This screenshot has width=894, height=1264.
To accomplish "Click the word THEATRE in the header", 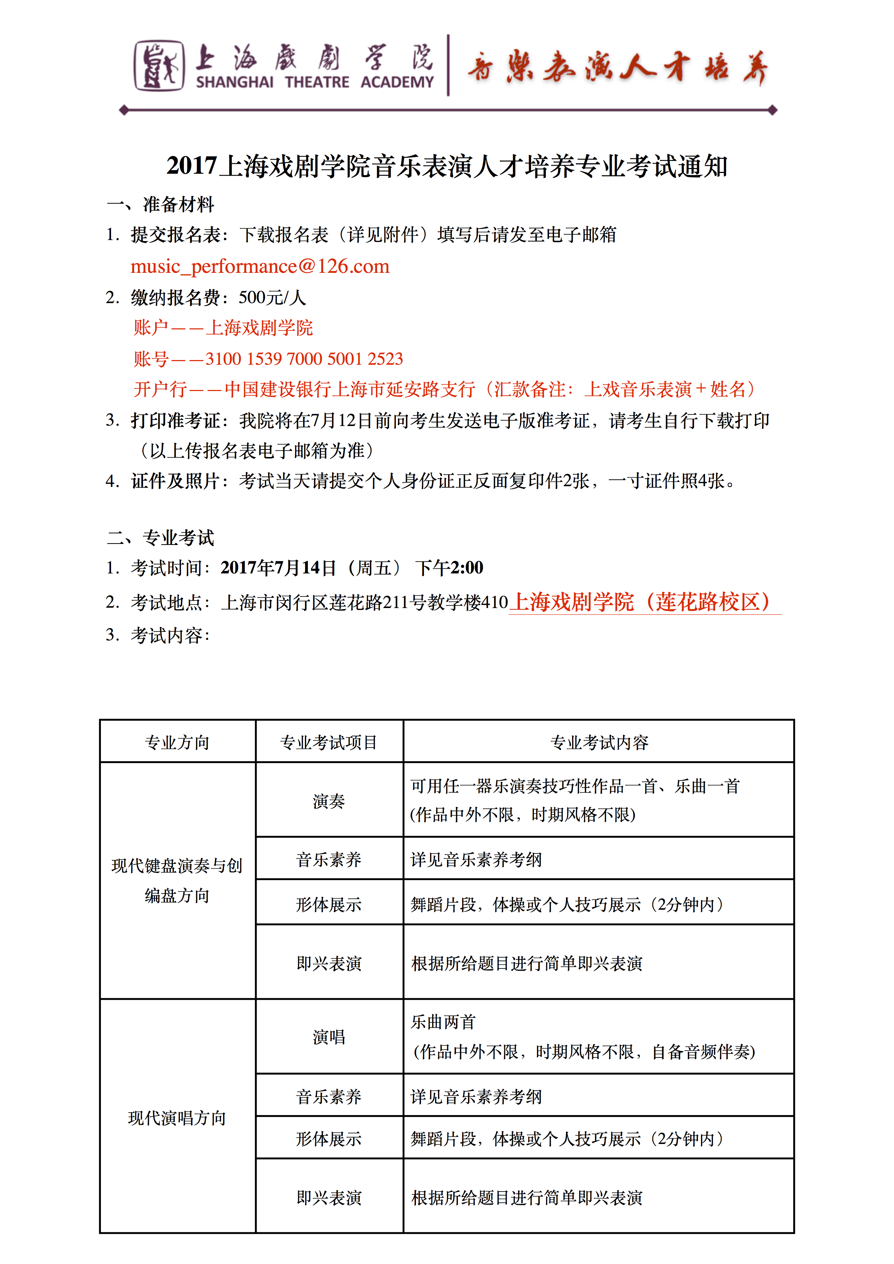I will coord(317,83).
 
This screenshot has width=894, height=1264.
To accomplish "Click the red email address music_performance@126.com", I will coord(260,266).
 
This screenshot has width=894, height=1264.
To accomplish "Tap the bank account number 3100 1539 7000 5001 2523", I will coord(304,359).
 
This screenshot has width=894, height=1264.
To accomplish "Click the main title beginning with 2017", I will coord(447,166).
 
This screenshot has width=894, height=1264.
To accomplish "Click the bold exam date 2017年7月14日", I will coord(278,568).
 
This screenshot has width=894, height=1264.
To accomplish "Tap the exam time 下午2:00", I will coord(449,568).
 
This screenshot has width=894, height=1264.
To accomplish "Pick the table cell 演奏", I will coord(329,801).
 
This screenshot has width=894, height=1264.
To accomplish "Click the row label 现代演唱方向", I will coord(177,1118).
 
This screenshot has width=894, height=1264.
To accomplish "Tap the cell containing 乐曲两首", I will coord(443,1022).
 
